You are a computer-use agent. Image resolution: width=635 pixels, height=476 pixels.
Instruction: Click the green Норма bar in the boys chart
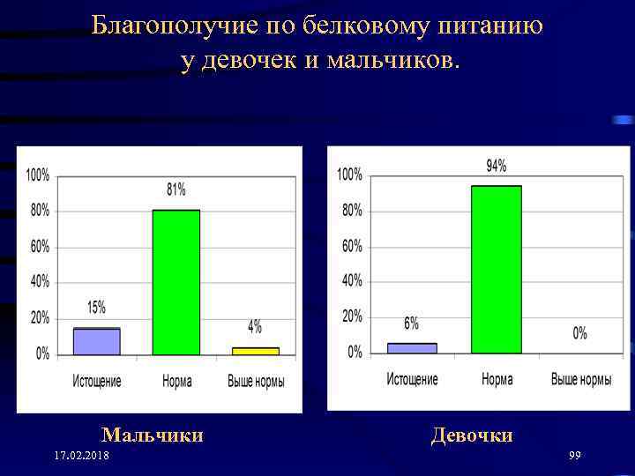coord(176,282)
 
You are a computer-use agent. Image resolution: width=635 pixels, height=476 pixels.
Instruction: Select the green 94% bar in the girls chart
coord(497,269)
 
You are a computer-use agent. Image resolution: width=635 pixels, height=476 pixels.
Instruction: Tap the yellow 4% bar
coord(255,351)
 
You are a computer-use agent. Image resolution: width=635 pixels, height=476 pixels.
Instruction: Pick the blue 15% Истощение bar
coord(96,341)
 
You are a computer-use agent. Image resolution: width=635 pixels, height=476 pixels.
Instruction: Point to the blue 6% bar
coord(412,348)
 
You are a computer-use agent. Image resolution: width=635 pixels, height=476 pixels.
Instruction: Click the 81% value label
coord(176,190)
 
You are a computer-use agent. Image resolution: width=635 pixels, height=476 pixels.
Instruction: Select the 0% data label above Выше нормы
coord(579,333)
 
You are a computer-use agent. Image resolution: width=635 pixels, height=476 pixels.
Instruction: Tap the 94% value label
coord(497,166)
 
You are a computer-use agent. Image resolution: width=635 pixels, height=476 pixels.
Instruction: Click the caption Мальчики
coord(153,435)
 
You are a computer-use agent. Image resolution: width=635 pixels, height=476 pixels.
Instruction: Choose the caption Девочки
coord(472,435)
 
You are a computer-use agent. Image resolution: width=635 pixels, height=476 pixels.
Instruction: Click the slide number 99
coord(574,455)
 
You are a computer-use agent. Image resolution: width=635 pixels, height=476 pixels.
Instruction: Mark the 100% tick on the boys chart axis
coord(38,175)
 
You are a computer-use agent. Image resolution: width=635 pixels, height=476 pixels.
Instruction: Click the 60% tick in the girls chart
coord(351,246)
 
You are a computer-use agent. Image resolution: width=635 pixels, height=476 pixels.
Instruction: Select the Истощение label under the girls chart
coord(412,380)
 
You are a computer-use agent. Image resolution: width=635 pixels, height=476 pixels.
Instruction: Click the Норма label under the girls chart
coord(497,380)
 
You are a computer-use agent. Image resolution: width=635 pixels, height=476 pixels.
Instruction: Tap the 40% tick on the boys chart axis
coord(41,282)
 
